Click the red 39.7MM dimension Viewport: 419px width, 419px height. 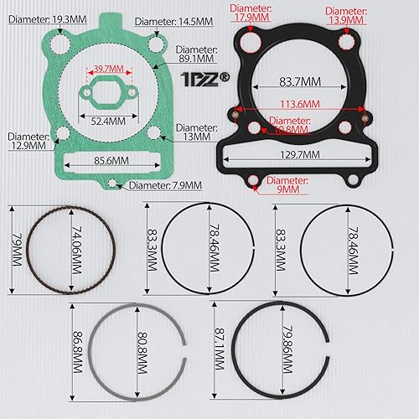point(109,68)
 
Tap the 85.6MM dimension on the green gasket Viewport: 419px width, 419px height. point(107,160)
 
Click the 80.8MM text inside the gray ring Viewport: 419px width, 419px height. point(138,354)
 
